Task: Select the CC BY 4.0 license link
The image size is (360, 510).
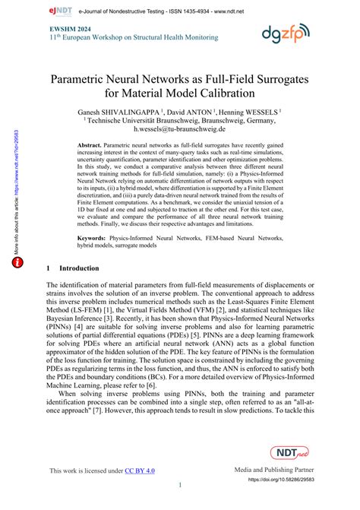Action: click(140, 470)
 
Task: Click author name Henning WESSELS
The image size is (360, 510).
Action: click(250, 110)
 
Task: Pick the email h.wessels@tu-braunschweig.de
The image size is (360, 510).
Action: click(180, 131)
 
